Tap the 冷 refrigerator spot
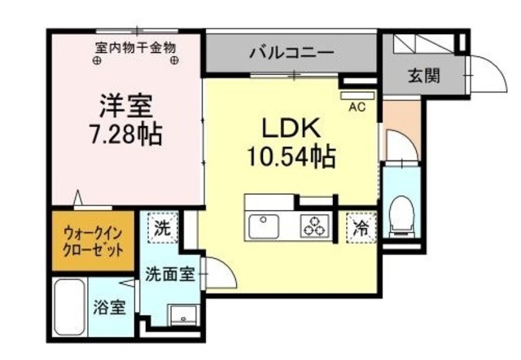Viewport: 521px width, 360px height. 359,228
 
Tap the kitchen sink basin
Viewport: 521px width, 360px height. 265,225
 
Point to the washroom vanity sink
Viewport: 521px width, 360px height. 182,314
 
